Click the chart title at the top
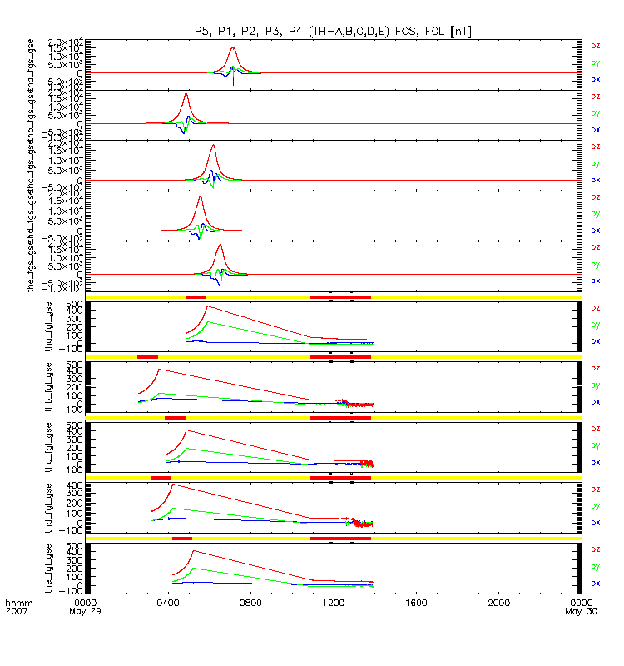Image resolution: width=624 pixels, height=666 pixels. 332,31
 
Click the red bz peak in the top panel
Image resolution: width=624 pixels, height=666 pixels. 233,47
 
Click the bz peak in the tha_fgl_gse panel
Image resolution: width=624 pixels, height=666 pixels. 207,306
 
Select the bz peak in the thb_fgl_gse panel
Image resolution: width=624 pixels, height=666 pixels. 158,369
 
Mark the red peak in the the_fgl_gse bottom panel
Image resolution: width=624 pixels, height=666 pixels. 193,550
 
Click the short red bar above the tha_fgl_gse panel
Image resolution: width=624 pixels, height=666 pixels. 196,296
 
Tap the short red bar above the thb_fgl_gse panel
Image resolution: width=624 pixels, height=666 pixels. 147,357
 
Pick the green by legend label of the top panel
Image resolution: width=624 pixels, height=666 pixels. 595,62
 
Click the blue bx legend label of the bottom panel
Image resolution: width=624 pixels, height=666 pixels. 595,582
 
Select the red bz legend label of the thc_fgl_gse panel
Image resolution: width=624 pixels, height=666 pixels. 595,429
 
